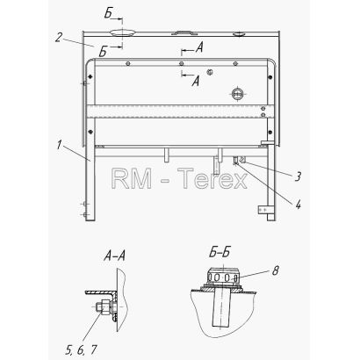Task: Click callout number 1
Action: point(60,145)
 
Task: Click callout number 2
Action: point(59,38)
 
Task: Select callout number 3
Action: point(298,176)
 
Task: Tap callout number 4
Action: point(298,205)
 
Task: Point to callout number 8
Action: point(275,270)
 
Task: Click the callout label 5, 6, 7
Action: point(81,349)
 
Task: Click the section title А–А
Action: point(114,256)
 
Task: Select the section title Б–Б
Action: point(219,253)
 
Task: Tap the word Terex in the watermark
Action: point(212,179)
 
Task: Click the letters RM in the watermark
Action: point(132,179)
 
